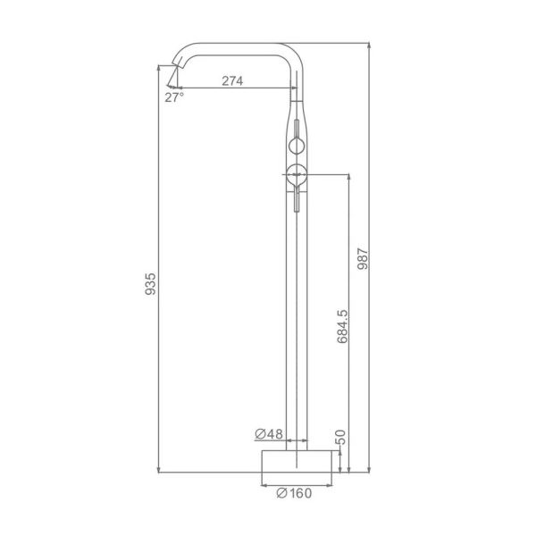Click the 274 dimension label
(x=232, y=80)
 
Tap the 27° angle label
(x=174, y=97)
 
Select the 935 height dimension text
(x=150, y=283)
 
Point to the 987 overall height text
(x=363, y=259)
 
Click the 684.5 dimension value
(x=342, y=326)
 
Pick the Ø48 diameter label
(x=269, y=434)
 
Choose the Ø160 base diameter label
(x=294, y=493)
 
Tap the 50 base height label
(x=340, y=437)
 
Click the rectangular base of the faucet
(x=297, y=461)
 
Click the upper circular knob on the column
(x=297, y=146)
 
